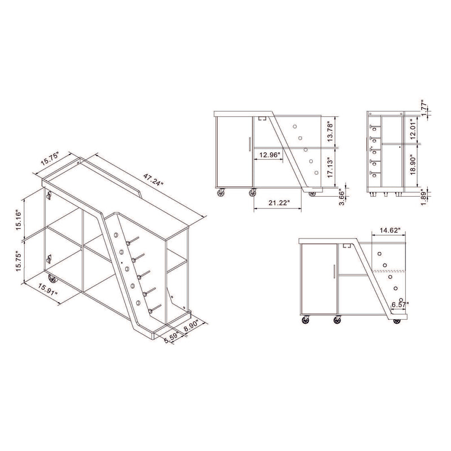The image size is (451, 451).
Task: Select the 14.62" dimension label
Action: (x=389, y=231)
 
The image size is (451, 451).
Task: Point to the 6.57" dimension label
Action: (x=397, y=304)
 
